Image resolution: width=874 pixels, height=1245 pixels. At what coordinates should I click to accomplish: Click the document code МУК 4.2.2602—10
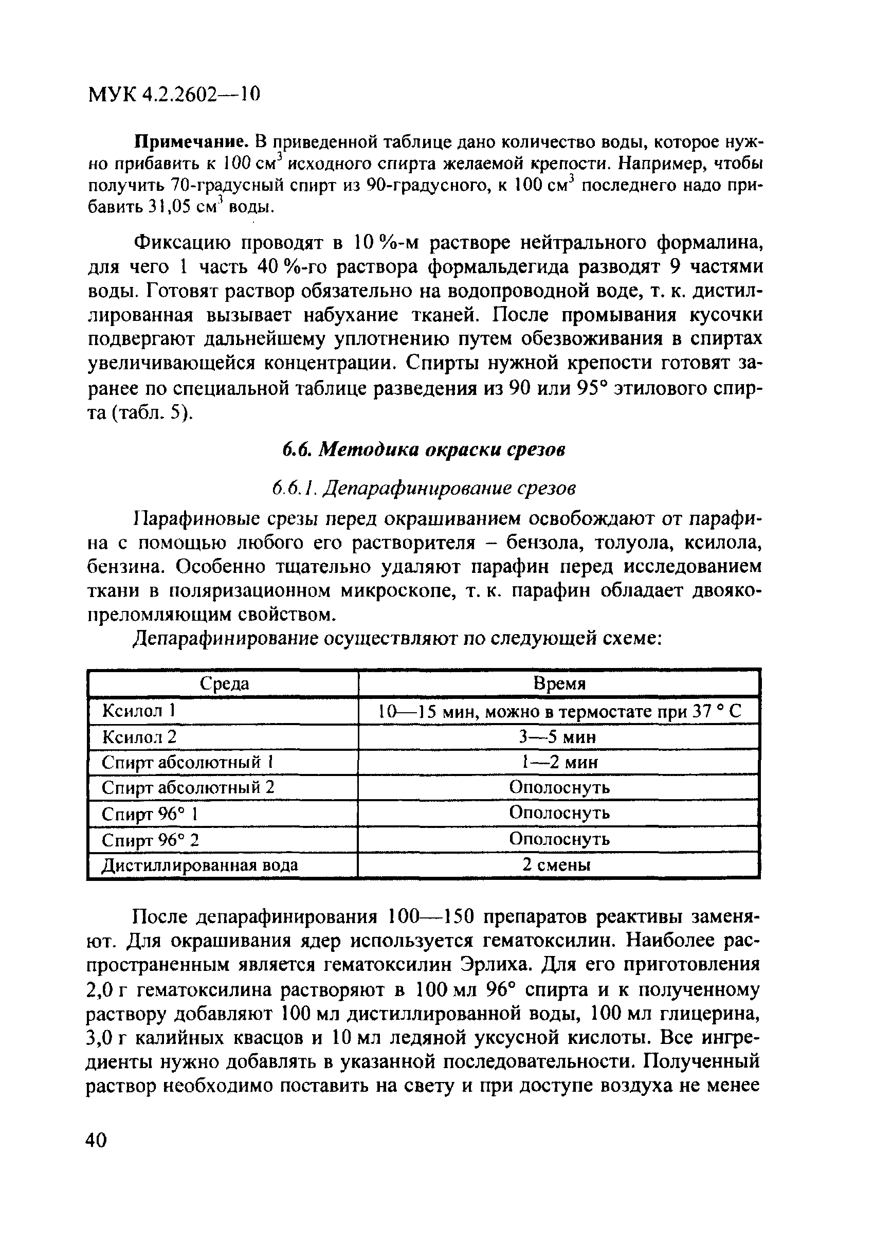click(x=173, y=94)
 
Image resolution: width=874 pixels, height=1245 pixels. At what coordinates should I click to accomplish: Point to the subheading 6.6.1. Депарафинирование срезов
click(x=424, y=489)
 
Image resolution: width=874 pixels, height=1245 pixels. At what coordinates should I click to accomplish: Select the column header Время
click(x=559, y=684)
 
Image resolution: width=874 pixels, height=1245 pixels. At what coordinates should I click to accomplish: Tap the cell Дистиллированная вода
click(x=200, y=865)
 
